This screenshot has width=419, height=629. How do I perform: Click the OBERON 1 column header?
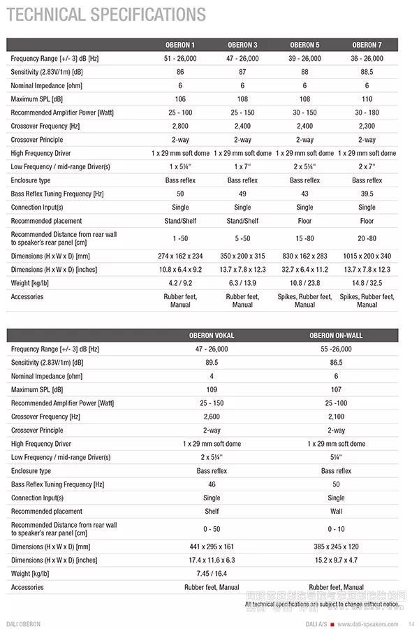click(180, 45)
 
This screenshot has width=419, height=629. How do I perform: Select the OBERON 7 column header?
click(367, 45)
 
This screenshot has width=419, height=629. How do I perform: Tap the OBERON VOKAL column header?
click(212, 335)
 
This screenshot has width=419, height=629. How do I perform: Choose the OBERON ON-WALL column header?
click(336, 335)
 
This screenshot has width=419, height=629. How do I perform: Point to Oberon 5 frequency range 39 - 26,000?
click(304, 58)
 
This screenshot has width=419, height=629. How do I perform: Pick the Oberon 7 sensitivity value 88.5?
click(367, 72)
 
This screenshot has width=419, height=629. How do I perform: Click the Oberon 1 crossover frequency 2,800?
click(180, 126)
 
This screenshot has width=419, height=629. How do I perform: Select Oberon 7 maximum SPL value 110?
click(367, 99)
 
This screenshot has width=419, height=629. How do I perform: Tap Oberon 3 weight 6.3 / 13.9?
click(242, 283)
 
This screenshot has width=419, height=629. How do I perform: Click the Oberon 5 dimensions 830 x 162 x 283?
click(304, 256)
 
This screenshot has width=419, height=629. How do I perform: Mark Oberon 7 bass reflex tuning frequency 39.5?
click(367, 194)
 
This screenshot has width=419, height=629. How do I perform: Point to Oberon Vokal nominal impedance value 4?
click(212, 376)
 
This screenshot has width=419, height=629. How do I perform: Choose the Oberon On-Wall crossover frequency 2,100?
click(336, 417)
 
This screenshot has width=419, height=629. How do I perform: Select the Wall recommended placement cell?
click(336, 511)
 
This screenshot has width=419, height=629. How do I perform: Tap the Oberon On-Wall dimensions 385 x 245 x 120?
click(336, 547)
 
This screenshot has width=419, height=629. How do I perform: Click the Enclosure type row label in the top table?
click(31, 180)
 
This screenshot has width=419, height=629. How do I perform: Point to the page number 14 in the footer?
click(411, 623)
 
